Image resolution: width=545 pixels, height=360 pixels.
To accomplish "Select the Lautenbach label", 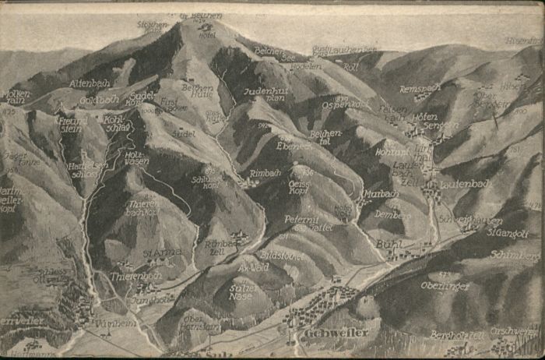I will point(464,185).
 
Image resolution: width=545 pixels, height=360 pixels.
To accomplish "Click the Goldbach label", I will point(98,101).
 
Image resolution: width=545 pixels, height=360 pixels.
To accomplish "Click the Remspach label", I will point(420,89).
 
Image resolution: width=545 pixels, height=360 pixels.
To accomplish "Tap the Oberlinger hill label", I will point(445,285).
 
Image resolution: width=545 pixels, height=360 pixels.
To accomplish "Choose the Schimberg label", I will point(515,255).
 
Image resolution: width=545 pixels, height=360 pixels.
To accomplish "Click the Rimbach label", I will point(265,173).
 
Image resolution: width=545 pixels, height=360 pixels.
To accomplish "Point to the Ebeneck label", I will point(294,146).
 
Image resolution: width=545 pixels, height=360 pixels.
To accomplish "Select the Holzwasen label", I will point(137,158).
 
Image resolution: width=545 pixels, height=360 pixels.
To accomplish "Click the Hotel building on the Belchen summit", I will point(206,34).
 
